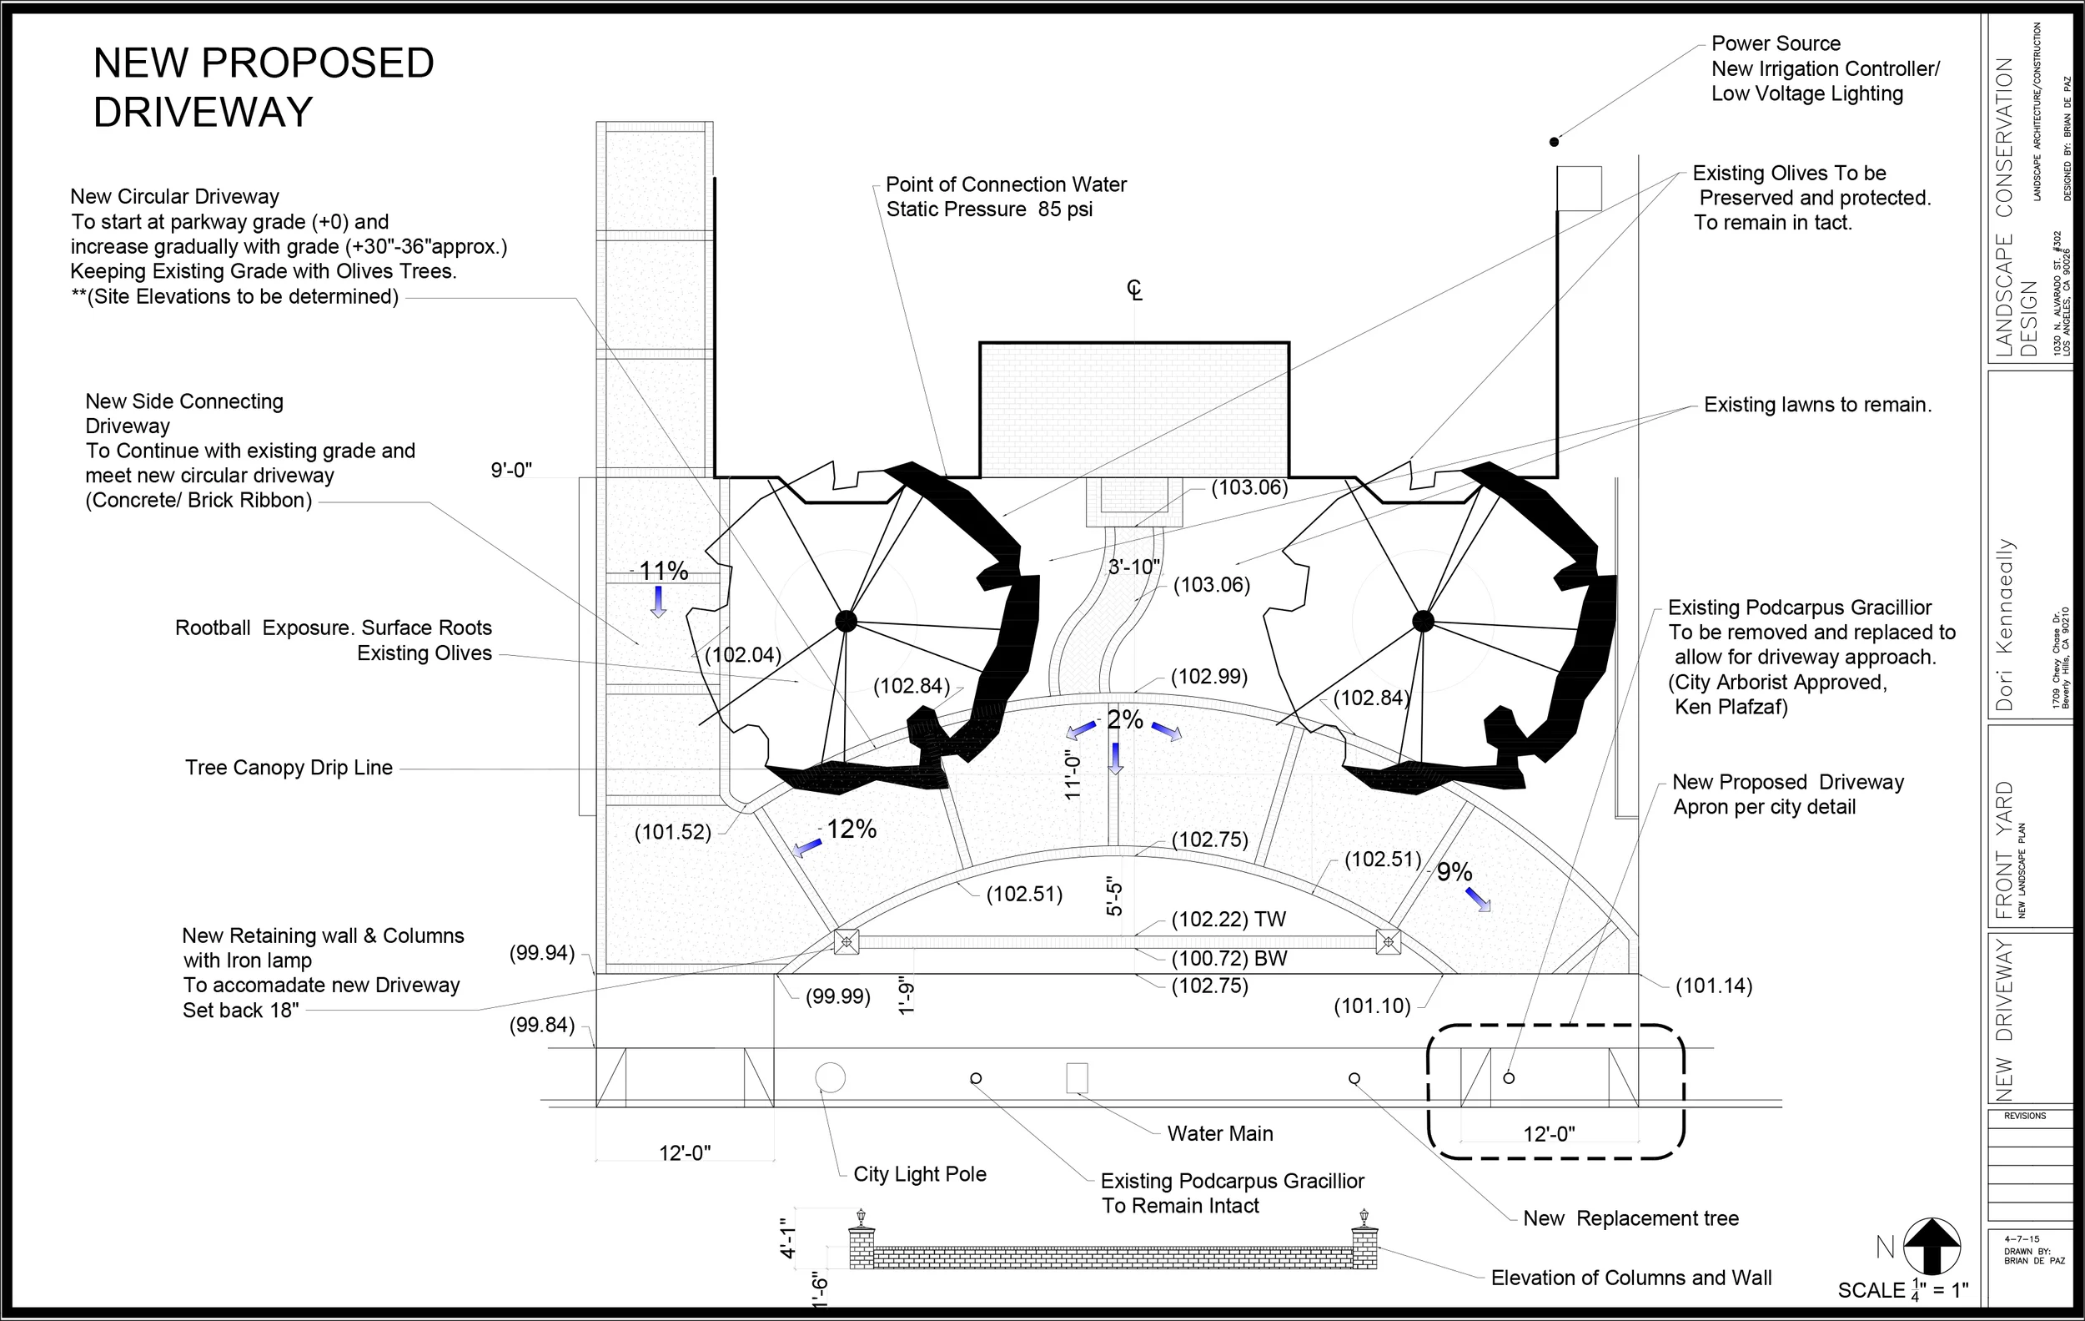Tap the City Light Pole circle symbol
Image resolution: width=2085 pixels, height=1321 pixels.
[831, 1077]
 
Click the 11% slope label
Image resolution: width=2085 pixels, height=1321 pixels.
[663, 571]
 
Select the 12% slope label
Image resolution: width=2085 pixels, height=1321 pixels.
[852, 829]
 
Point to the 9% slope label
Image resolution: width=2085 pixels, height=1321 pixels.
[1454, 871]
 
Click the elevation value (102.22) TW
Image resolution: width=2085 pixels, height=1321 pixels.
[1228, 919]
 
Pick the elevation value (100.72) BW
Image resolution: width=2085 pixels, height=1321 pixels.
[1228, 958]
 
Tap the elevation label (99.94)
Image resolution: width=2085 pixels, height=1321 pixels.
[542, 953]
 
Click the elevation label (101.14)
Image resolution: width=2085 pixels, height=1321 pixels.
[1714, 986]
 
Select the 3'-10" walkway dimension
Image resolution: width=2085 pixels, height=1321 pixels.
[1134, 567]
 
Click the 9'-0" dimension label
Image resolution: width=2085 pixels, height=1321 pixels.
[511, 471]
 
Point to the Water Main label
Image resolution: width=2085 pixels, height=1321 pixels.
[1220, 1133]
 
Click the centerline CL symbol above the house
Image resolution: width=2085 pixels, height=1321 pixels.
[1134, 290]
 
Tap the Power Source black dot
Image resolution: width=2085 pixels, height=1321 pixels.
[1555, 141]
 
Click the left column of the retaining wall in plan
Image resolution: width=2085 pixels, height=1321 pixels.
[846, 941]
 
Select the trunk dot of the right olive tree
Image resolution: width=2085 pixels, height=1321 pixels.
[1423, 620]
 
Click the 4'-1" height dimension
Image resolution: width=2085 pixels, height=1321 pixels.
[788, 1238]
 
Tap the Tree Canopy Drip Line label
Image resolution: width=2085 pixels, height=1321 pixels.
[289, 768]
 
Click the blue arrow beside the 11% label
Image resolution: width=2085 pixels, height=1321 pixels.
[658, 600]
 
